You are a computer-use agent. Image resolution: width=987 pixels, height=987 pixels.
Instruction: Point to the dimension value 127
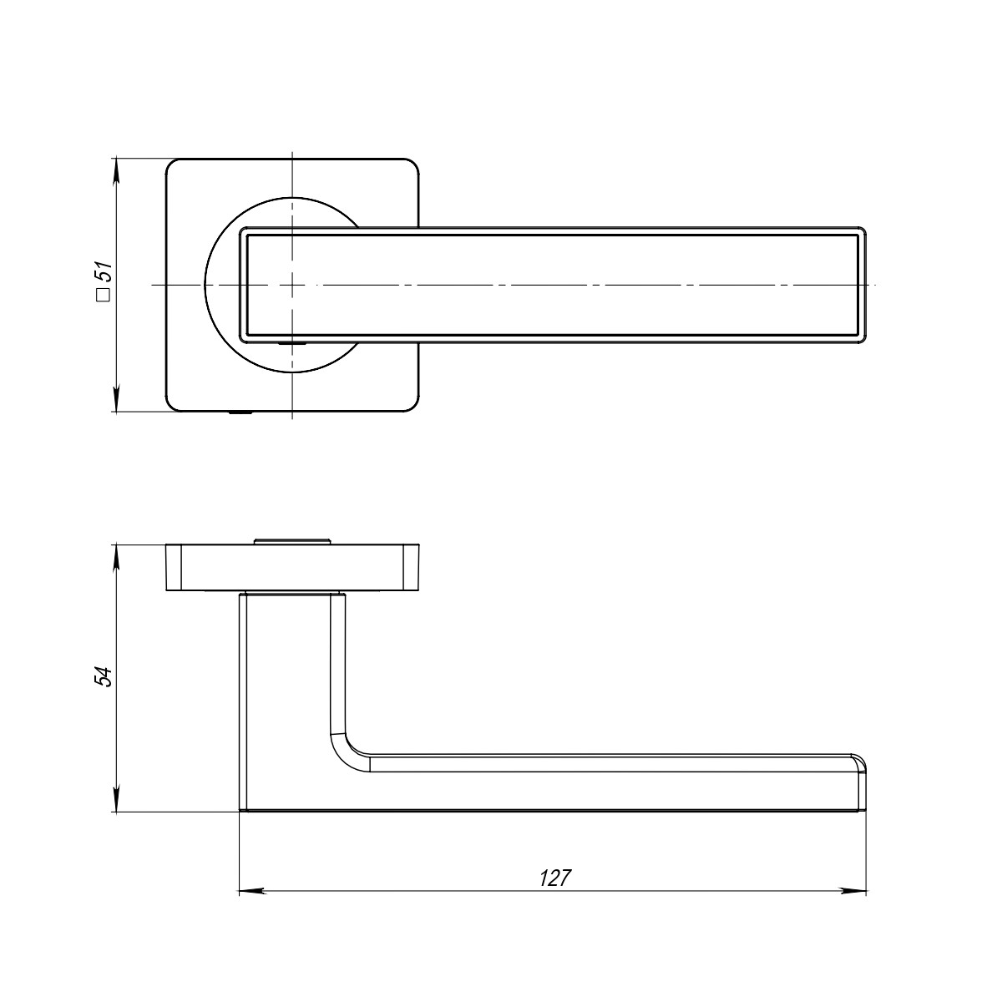(554, 878)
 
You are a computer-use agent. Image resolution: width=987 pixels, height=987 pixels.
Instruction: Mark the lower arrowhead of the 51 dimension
(116, 400)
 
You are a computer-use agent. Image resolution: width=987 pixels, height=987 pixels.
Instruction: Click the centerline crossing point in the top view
(292, 286)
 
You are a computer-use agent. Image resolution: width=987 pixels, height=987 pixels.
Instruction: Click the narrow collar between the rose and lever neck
(292, 593)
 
